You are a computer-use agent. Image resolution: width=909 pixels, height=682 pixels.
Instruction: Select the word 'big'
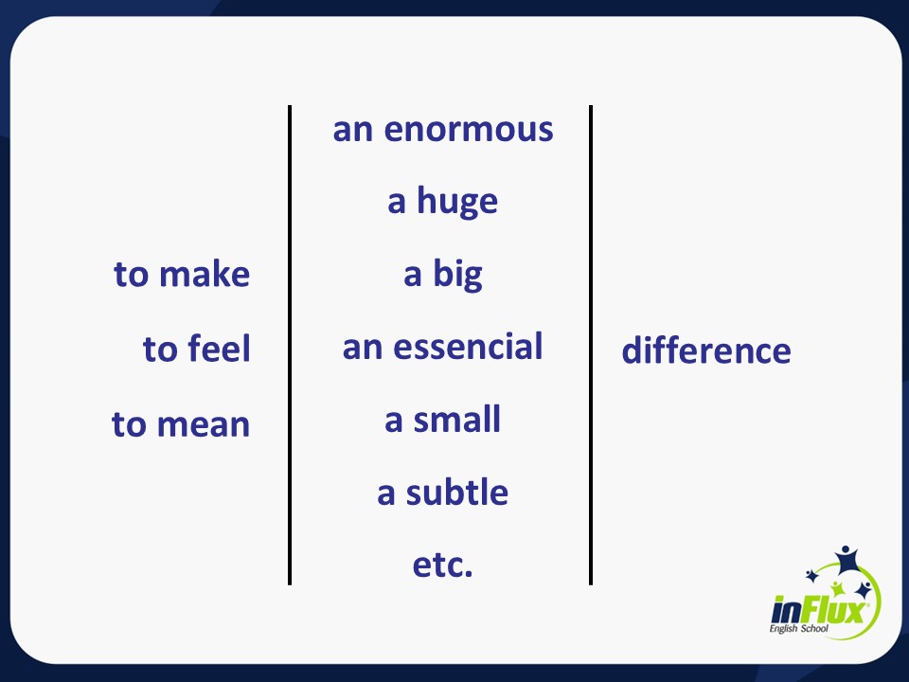(x=458, y=275)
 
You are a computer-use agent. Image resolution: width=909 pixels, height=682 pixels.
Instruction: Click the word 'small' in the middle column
(x=457, y=420)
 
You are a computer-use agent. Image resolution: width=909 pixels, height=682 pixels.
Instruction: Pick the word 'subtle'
(x=457, y=493)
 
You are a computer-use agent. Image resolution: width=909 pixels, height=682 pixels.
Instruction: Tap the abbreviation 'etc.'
(x=442, y=565)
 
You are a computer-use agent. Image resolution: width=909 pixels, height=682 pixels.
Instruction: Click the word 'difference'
(x=705, y=350)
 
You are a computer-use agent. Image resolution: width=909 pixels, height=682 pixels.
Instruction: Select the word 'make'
(x=205, y=275)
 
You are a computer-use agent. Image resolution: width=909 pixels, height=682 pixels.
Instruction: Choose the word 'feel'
(x=219, y=350)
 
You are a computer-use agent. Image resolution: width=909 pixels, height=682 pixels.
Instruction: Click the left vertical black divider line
(x=290, y=345)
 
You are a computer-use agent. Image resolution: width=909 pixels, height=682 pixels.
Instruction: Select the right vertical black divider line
(x=591, y=345)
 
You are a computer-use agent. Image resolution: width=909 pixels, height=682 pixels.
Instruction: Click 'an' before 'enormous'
(x=353, y=130)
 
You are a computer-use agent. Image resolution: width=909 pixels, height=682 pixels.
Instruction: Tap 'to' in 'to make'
(x=132, y=275)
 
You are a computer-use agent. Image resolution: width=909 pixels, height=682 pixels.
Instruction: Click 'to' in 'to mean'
(x=130, y=424)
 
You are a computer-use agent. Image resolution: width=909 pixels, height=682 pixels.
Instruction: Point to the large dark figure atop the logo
(x=846, y=558)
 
